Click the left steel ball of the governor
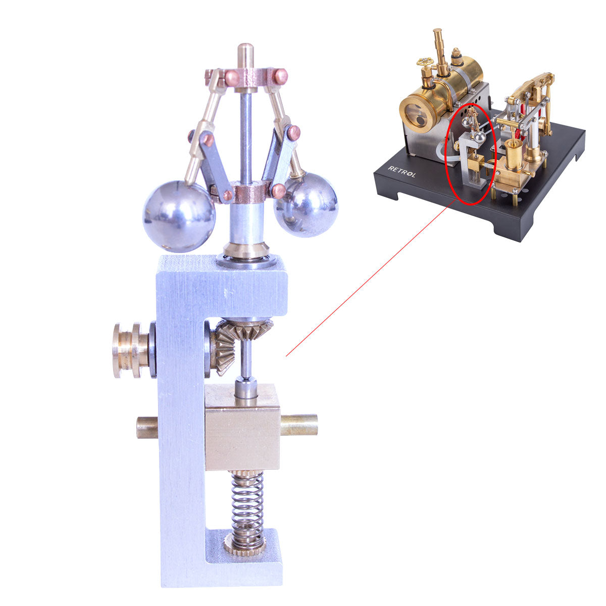point(178,217)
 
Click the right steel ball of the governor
point(306,205)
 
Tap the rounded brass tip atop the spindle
point(246,52)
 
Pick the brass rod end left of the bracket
point(146,427)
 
